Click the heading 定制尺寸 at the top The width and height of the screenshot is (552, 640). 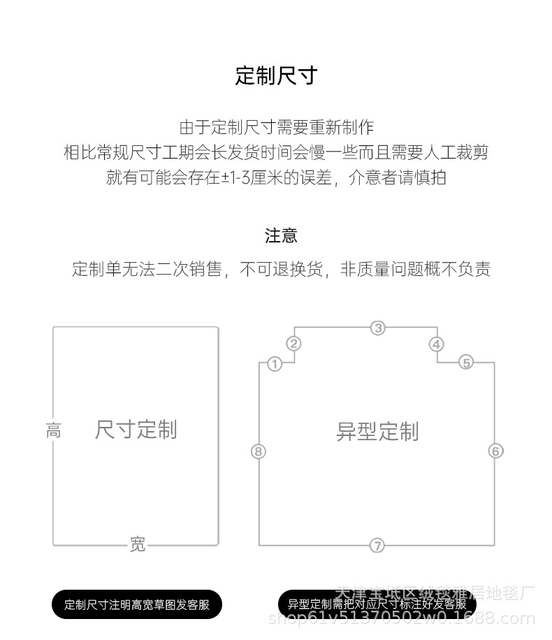pyautogui.click(x=276, y=75)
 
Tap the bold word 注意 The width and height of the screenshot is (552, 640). pyautogui.click(x=281, y=236)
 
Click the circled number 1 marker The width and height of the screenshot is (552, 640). pyautogui.click(x=275, y=364)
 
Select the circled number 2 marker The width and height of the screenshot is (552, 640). pyautogui.click(x=294, y=343)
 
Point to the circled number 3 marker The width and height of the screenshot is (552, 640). pyautogui.click(x=377, y=328)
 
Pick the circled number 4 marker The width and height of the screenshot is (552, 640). pyautogui.click(x=437, y=344)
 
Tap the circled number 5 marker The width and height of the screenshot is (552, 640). pyautogui.click(x=466, y=362)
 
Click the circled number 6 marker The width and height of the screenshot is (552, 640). pyautogui.click(x=495, y=451)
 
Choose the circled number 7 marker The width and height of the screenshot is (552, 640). pyautogui.click(x=377, y=546)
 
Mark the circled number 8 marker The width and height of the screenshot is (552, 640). pyautogui.click(x=259, y=451)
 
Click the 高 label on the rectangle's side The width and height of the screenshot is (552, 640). pyautogui.click(x=53, y=430)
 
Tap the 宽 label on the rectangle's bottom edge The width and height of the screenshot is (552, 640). pyautogui.click(x=138, y=544)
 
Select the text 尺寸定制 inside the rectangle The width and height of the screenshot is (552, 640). pyautogui.click(x=136, y=430)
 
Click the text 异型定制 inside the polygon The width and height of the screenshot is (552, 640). pyautogui.click(x=377, y=432)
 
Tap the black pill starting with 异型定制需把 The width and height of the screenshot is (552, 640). pyautogui.click(x=377, y=604)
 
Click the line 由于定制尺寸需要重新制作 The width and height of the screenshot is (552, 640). pyautogui.click(x=276, y=127)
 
